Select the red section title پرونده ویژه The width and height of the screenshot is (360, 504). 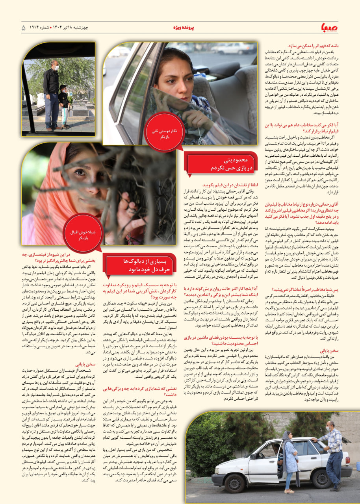184,28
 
